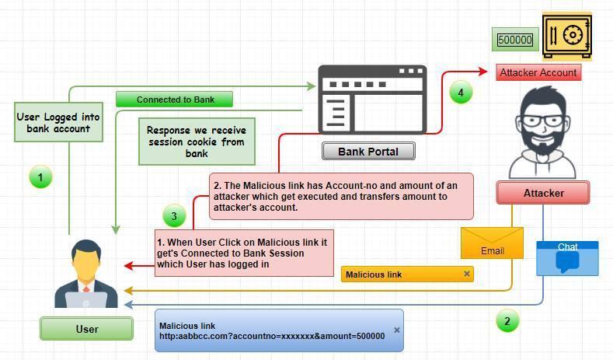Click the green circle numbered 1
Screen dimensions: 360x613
pyautogui.click(x=40, y=177)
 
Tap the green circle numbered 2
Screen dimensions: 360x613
pyautogui.click(x=507, y=320)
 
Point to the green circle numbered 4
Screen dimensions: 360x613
pyautogui.click(x=461, y=93)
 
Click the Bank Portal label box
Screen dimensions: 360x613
pyautogui.click(x=368, y=151)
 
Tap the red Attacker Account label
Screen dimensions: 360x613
pyautogui.click(x=538, y=72)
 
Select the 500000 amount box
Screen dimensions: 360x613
pyautogui.click(x=515, y=40)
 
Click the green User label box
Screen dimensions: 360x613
pyautogui.click(x=86, y=329)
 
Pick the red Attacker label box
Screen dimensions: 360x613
pyautogui.click(x=542, y=193)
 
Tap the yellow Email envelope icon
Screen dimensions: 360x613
pyautogui.click(x=492, y=243)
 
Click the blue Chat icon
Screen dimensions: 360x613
pyautogui.click(x=567, y=259)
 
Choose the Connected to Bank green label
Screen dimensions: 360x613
pyautogui.click(x=175, y=100)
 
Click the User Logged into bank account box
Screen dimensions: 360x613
pyautogui.click(x=58, y=122)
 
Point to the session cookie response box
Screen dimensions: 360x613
pyautogui.click(x=197, y=142)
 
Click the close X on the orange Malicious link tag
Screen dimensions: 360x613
pyautogui.click(x=467, y=274)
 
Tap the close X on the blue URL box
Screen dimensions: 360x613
pyautogui.click(x=397, y=330)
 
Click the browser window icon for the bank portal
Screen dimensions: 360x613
pyautogui.click(x=372, y=101)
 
